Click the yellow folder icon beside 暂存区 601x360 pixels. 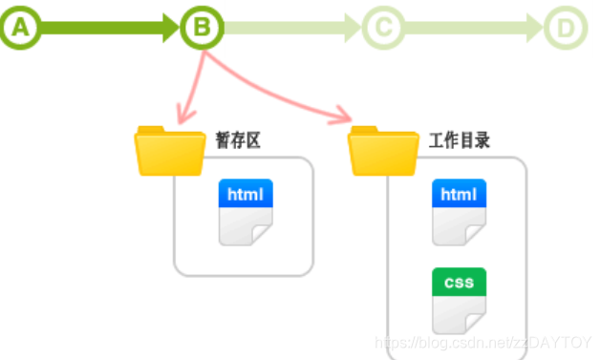tap(170, 151)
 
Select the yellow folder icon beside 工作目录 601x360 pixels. tap(383, 151)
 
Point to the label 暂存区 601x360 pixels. tap(238, 141)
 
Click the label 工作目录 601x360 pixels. tap(460, 141)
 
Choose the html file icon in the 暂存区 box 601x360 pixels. tap(247, 212)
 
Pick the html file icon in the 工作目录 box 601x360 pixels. tap(459, 212)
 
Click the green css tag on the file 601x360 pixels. tap(459, 283)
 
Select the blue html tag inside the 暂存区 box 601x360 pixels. tap(247, 195)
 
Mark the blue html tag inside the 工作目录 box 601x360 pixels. tap(459, 195)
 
